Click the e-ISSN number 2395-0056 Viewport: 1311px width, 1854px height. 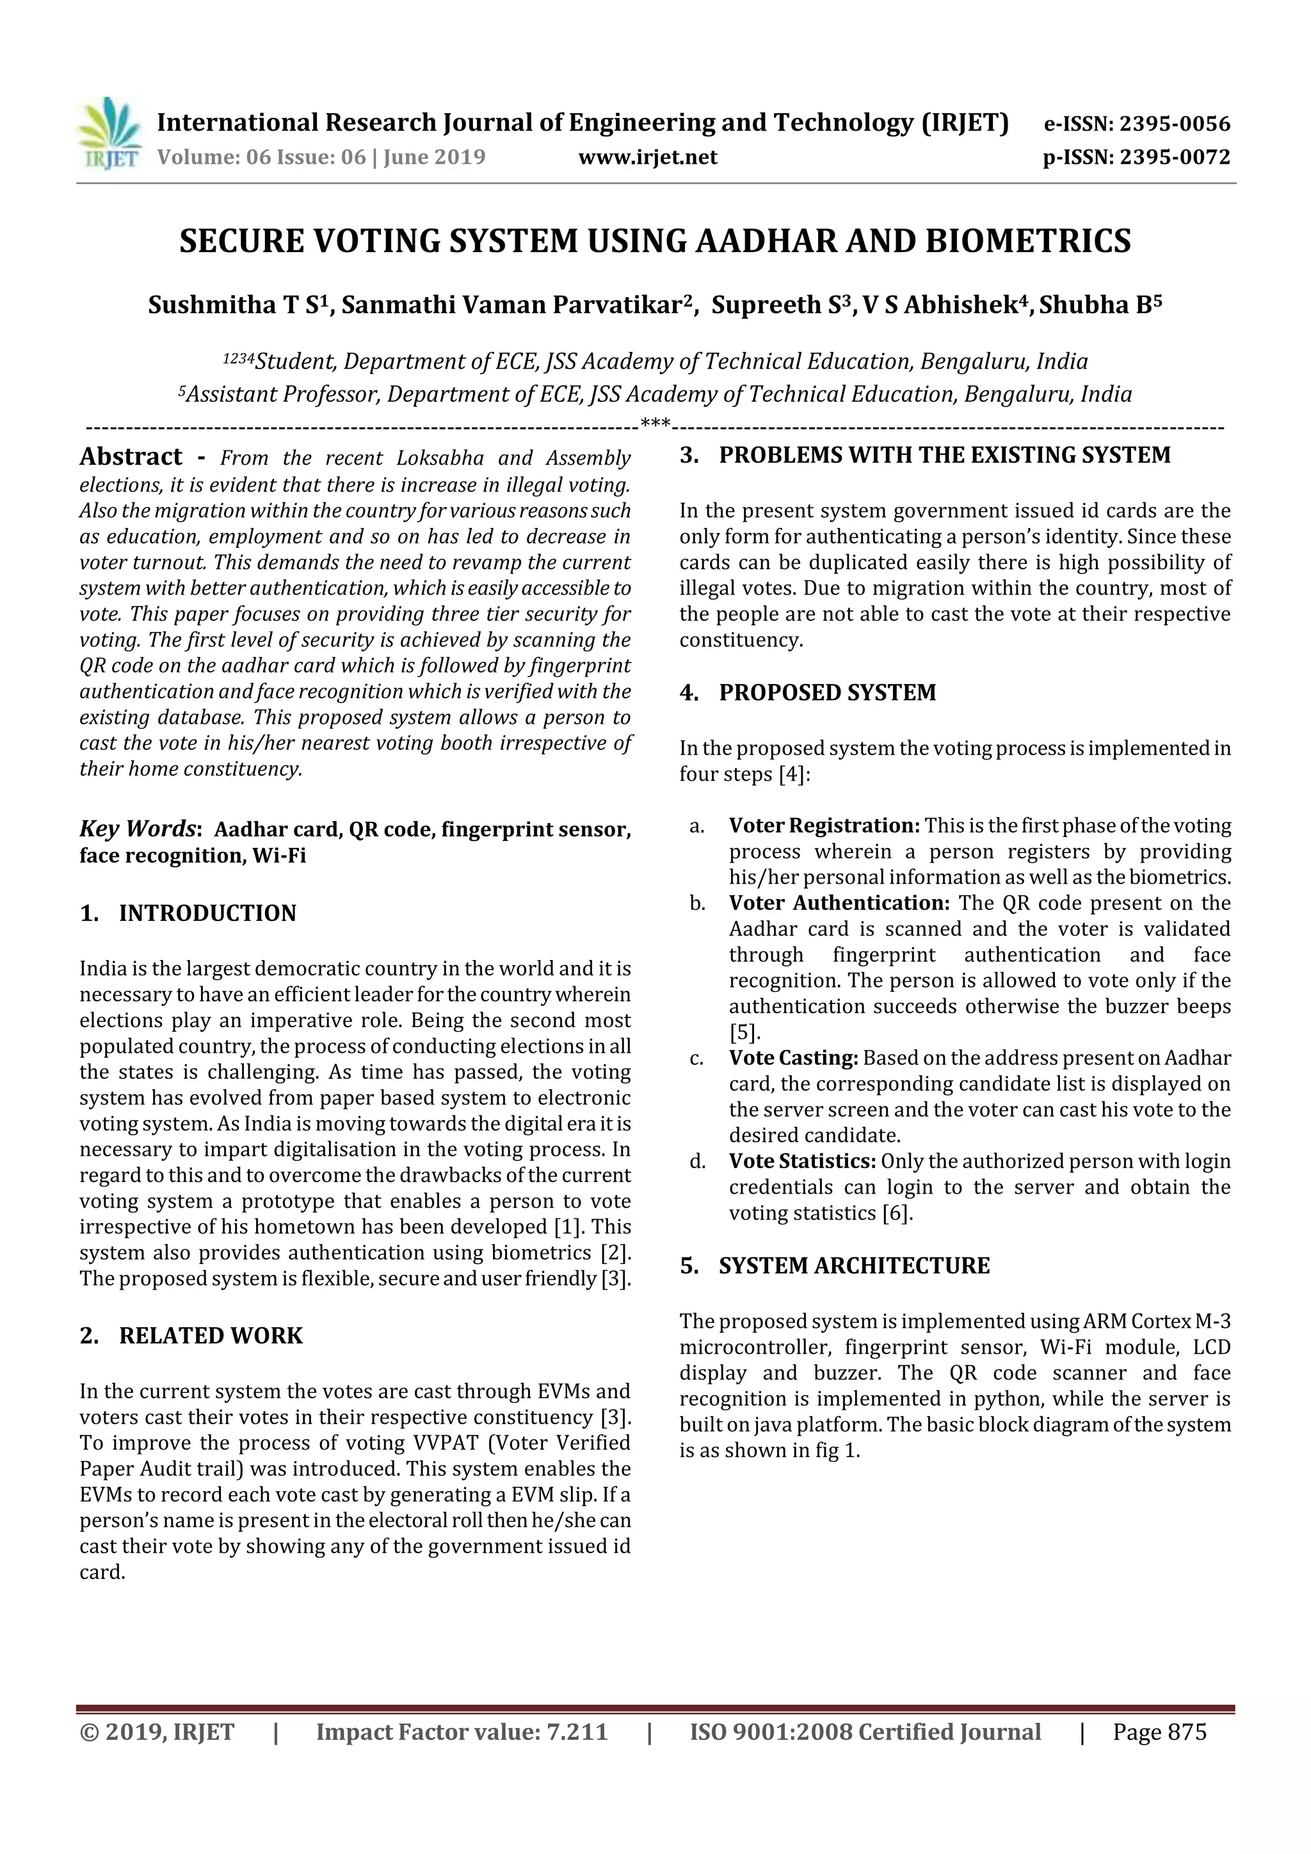coord(1175,124)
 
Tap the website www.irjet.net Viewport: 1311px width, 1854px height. coord(648,157)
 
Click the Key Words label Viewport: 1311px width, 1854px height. coord(138,829)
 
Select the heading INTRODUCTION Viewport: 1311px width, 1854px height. coord(207,913)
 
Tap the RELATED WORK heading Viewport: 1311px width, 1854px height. coord(211,1336)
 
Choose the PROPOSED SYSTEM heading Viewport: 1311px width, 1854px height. coord(827,693)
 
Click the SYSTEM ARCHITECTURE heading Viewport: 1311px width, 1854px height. coord(854,1265)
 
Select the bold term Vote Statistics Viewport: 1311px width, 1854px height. coord(802,1161)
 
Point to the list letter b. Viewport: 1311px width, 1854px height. coord(697,904)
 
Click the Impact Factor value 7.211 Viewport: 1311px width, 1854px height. coord(577,1732)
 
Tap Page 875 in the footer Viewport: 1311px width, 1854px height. coord(1159,1732)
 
